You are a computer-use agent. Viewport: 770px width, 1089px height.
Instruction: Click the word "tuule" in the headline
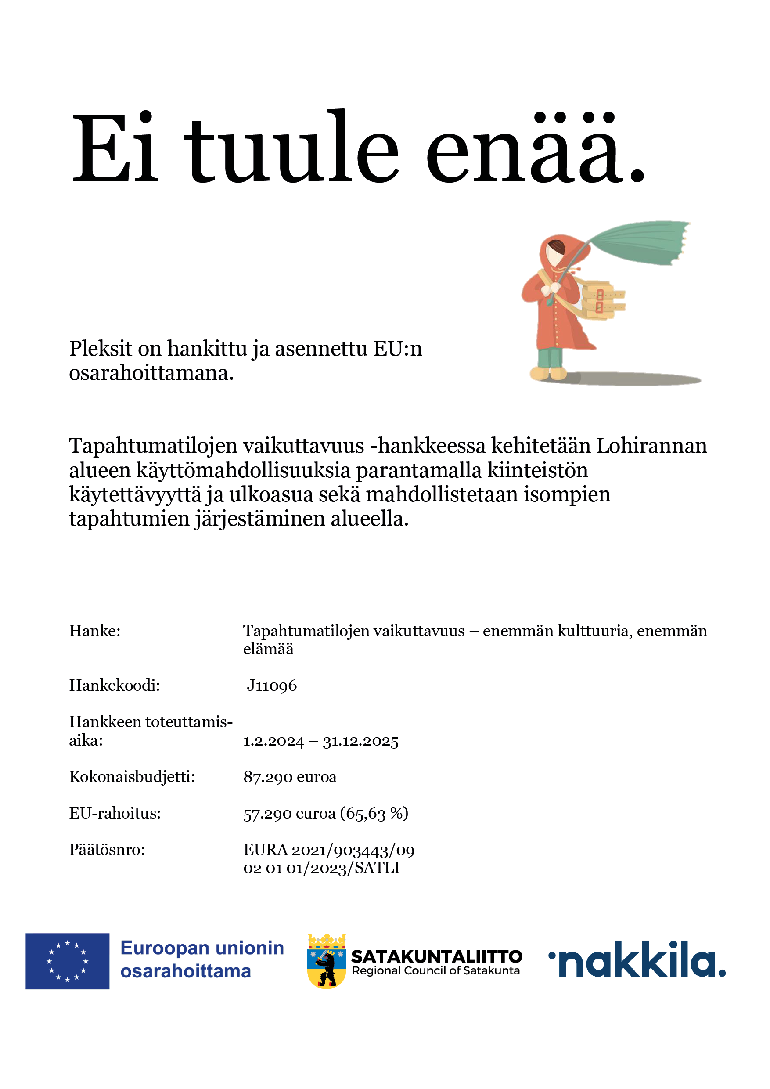(291, 148)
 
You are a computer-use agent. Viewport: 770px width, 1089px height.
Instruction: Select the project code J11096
(272, 686)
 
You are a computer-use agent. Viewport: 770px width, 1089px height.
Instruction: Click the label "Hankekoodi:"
(114, 686)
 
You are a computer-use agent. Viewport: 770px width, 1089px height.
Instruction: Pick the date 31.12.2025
(360, 741)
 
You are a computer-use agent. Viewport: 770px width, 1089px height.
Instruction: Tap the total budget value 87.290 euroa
(290, 777)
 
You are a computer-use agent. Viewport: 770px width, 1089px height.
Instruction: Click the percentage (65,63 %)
(374, 813)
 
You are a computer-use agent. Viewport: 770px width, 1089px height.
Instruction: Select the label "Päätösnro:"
(107, 850)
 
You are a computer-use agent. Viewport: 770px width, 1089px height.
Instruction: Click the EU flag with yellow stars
(67, 961)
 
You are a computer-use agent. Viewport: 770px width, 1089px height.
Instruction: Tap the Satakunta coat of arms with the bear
(327, 961)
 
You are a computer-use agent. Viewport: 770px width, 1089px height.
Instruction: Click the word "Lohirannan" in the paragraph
(651, 446)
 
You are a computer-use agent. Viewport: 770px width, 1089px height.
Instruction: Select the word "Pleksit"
(101, 349)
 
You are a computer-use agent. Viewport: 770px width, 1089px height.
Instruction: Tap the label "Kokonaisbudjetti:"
(132, 777)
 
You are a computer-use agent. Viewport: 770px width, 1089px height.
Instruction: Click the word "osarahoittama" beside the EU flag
(185, 971)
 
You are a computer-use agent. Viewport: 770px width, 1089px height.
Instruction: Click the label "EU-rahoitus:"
(115, 813)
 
